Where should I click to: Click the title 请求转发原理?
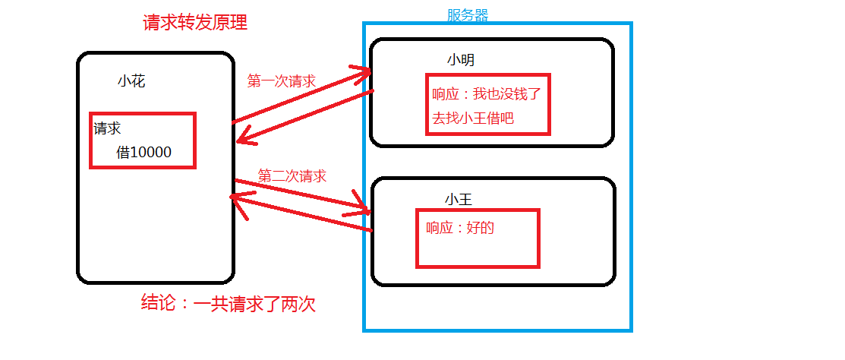195,23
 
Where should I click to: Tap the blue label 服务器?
468,14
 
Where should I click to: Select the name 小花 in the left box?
131,81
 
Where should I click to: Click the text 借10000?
144,152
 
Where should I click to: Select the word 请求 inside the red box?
107,128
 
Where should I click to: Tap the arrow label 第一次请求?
282,81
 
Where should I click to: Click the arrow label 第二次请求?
292,176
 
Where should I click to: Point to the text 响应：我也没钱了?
486,95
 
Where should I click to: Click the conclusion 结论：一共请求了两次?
229,305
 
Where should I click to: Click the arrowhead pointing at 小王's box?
363,208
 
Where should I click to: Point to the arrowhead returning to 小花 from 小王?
235,197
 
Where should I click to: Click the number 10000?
152,152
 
